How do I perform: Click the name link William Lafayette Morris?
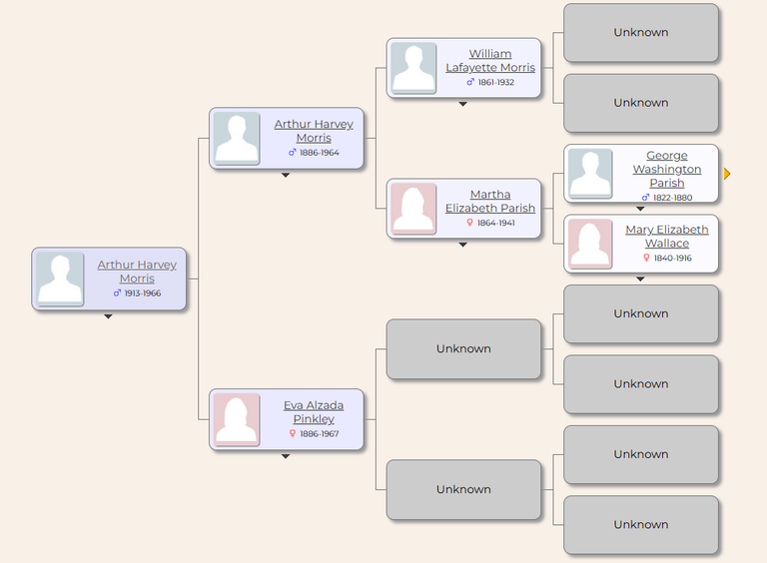click(x=490, y=61)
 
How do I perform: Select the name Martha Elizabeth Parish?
click(x=490, y=202)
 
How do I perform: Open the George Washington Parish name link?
click(x=667, y=169)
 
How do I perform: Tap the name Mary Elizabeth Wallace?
click(x=667, y=237)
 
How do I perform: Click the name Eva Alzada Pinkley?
click(x=314, y=412)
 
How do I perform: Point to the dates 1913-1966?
click(x=143, y=293)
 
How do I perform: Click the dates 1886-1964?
click(x=319, y=153)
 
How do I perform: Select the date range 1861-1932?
click(x=496, y=82)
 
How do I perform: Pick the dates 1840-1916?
click(x=672, y=258)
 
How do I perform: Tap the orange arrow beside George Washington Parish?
click(x=727, y=174)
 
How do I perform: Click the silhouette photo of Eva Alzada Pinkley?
click(x=237, y=419)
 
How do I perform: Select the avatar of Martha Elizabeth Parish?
click(x=413, y=209)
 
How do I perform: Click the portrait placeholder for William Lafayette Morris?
click(x=413, y=68)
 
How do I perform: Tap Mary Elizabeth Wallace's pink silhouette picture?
click(x=590, y=244)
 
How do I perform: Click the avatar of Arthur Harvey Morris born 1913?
click(x=60, y=280)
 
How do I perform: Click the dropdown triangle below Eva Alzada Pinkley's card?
click(x=286, y=456)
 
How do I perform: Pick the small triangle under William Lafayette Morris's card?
click(x=462, y=104)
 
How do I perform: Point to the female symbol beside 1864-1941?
click(x=469, y=223)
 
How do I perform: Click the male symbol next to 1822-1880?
click(x=646, y=198)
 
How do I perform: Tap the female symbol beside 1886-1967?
click(x=292, y=434)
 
